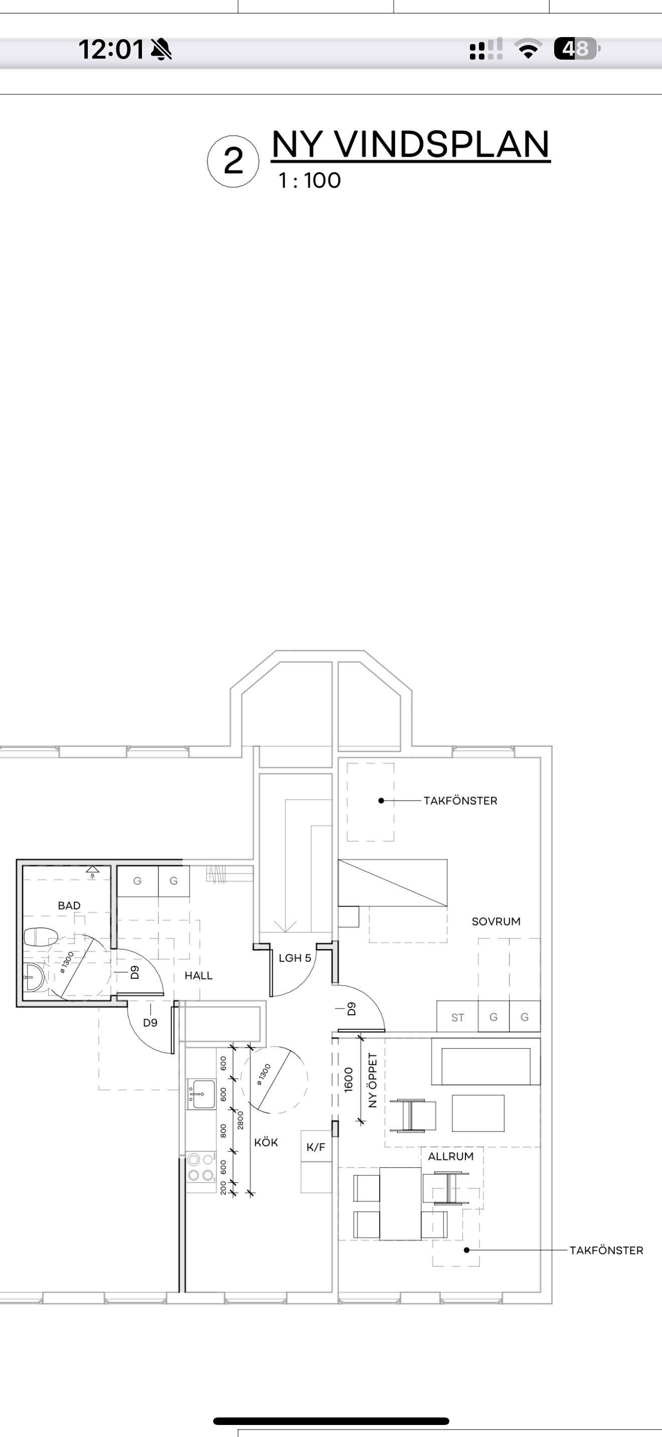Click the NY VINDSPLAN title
pyautogui.click(x=411, y=144)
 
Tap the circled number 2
pyautogui.click(x=233, y=161)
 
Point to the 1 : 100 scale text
pyautogui.click(x=310, y=181)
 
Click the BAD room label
pyautogui.click(x=69, y=905)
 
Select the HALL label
pyautogui.click(x=199, y=975)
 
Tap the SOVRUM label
pyautogui.click(x=496, y=921)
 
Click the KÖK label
pyautogui.click(x=266, y=1142)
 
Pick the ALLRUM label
pyautogui.click(x=451, y=1156)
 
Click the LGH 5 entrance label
pyautogui.click(x=295, y=958)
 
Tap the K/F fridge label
pyautogui.click(x=316, y=1147)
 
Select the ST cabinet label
pyautogui.click(x=458, y=1018)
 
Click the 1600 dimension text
pyautogui.click(x=349, y=1079)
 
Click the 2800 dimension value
pyautogui.click(x=241, y=1120)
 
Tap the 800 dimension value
pyautogui.click(x=223, y=1131)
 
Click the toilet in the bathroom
pyautogui.click(x=41, y=936)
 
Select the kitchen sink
pyautogui.click(x=201, y=1094)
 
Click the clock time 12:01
pyautogui.click(x=112, y=49)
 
